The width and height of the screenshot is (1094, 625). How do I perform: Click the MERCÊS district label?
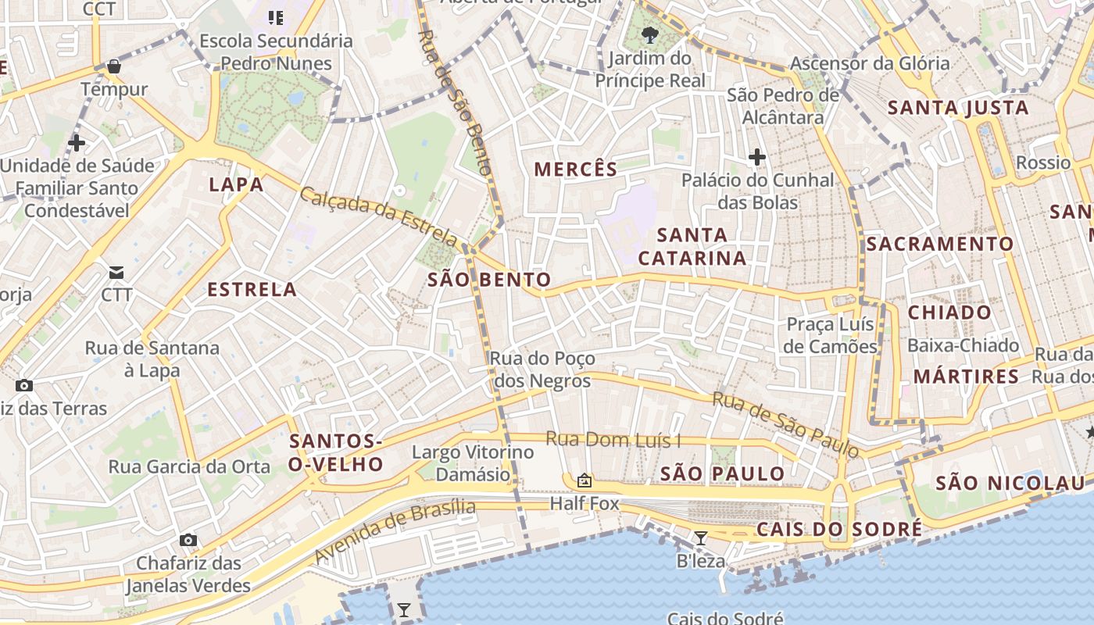click(576, 169)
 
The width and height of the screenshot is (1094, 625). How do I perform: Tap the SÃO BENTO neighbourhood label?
click(489, 280)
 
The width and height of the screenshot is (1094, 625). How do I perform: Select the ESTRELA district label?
click(252, 290)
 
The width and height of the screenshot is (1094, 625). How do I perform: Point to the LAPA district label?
click(236, 185)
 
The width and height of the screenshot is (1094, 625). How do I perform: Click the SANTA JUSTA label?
click(958, 108)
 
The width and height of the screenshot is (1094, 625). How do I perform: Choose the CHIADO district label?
click(949, 313)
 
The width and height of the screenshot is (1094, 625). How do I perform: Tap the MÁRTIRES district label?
click(966, 377)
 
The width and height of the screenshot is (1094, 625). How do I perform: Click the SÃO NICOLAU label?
click(1010, 483)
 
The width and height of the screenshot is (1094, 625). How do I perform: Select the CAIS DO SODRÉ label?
click(839, 530)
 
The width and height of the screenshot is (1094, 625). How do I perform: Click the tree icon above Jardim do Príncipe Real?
click(649, 35)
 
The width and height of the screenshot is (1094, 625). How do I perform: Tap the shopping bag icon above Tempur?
click(114, 66)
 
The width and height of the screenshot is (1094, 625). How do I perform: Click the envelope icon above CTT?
click(116, 273)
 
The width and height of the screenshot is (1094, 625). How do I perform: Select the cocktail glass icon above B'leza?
click(700, 538)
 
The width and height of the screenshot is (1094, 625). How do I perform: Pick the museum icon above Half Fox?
click(584, 480)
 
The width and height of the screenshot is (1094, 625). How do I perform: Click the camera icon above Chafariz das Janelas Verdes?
click(188, 540)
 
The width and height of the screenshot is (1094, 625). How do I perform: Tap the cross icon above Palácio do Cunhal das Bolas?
click(756, 158)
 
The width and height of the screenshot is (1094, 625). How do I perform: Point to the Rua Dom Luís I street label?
click(613, 440)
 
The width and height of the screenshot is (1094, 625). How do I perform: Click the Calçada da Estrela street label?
click(378, 216)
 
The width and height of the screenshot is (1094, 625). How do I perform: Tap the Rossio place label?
click(1043, 163)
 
